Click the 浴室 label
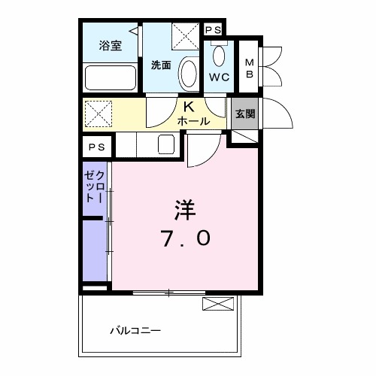pyautogui.click(x=111, y=46)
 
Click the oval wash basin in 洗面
pyautogui.click(x=190, y=75)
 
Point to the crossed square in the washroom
pyautogui.click(x=183, y=35)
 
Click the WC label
pyautogui.click(x=220, y=77)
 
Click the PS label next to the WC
pyautogui.click(x=213, y=30)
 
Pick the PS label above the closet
pyautogui.click(x=97, y=147)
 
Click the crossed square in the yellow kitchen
pyautogui.click(x=98, y=113)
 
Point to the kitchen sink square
pyautogui.click(x=166, y=144)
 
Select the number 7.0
pyautogui.click(x=185, y=238)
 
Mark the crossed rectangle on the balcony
pyautogui.click(x=219, y=305)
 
